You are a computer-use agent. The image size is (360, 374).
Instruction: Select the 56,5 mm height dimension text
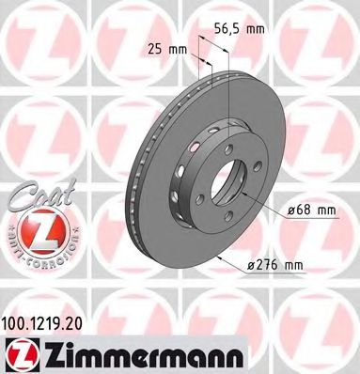point(237,28)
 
